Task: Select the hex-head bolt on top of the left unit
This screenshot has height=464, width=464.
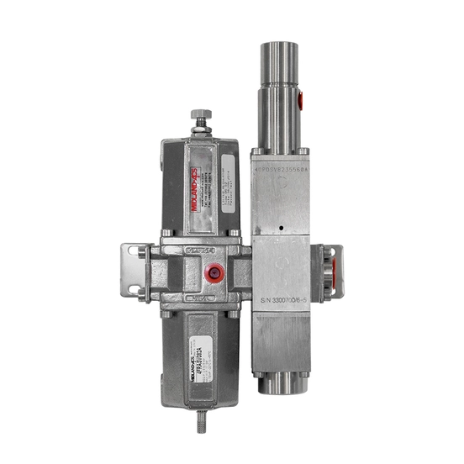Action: click(199, 114)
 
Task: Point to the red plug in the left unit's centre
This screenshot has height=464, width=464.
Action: click(215, 273)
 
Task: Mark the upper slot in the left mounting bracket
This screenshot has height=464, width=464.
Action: click(133, 251)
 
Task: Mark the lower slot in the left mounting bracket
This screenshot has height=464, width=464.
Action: click(133, 289)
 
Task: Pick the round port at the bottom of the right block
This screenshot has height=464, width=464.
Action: click(280, 385)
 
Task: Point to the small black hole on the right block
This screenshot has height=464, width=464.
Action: click(279, 229)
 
